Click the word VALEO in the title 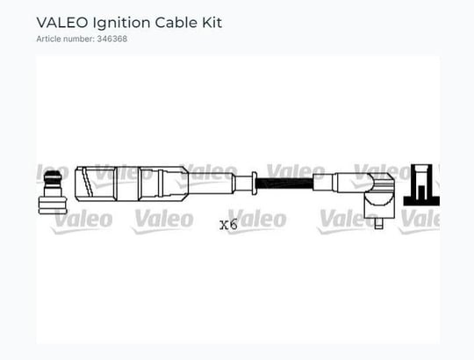(62, 23)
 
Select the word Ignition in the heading (121, 23)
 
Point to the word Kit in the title (212, 23)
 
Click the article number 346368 (111, 39)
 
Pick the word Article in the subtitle (48, 39)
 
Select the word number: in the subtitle (78, 39)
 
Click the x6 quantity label (228, 225)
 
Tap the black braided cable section (284, 184)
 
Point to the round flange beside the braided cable (255, 184)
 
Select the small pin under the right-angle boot (378, 223)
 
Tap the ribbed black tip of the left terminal (53, 177)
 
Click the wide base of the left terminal (53, 205)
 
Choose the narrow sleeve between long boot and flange (243, 184)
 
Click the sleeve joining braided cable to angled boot (323, 183)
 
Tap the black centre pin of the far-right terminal (421, 192)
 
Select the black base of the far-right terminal (421, 201)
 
